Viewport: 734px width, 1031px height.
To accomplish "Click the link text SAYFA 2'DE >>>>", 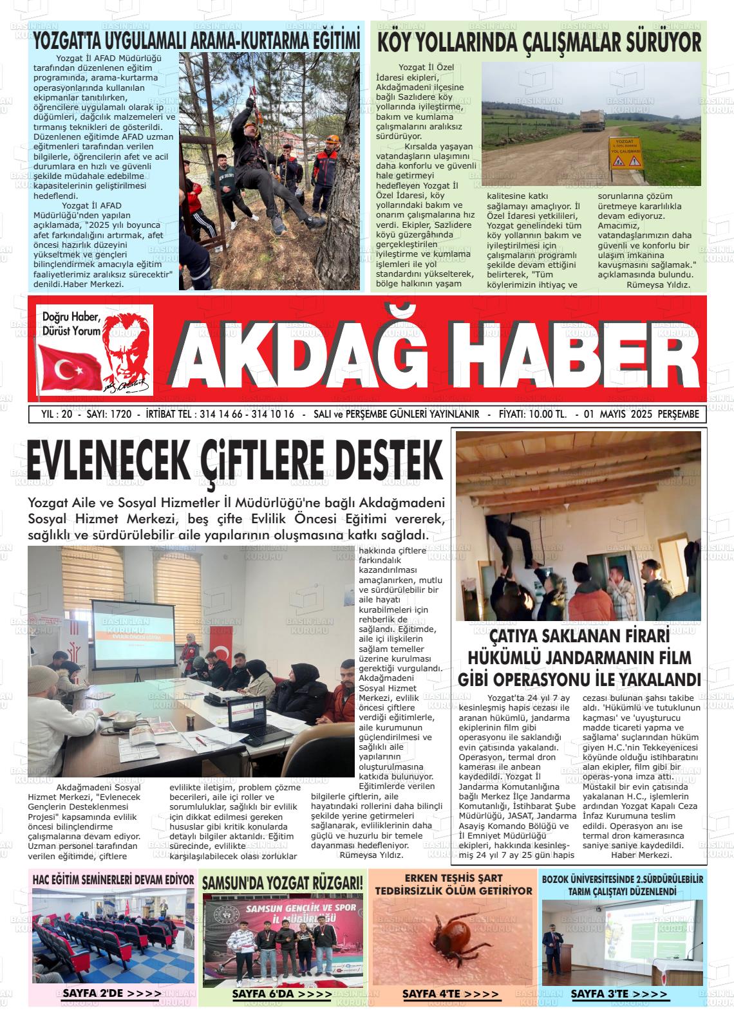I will pos(111,994).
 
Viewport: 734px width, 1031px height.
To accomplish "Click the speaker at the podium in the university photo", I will pos(552,942).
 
